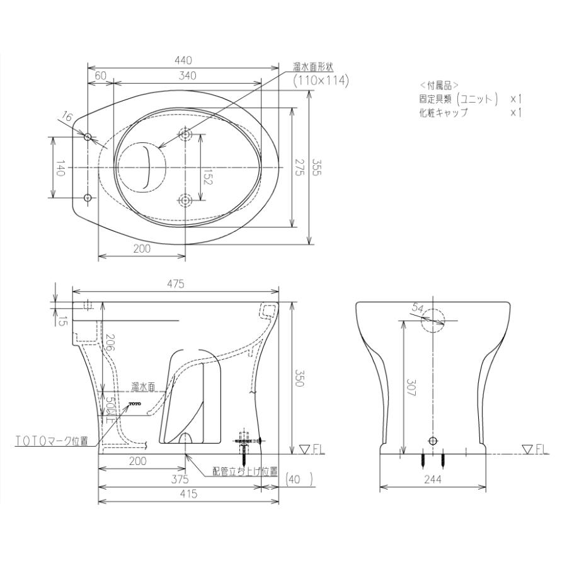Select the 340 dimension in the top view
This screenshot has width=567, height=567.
pyautogui.click(x=188, y=76)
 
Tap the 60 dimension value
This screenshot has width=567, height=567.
pyautogui.click(x=100, y=76)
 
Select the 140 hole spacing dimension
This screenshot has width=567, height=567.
pyautogui.click(x=60, y=168)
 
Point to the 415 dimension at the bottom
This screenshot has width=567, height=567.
pyautogui.click(x=188, y=495)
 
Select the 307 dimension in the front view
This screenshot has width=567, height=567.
pyautogui.click(x=411, y=384)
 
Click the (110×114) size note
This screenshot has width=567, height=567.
pyautogui.click(x=321, y=81)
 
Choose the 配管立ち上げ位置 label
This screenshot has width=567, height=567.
pyautogui.click(x=245, y=471)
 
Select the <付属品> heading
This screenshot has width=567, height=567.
pyautogui.click(x=439, y=84)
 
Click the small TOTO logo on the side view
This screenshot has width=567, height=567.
pyautogui.click(x=136, y=401)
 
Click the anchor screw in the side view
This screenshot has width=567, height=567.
pyautogui.click(x=246, y=442)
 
